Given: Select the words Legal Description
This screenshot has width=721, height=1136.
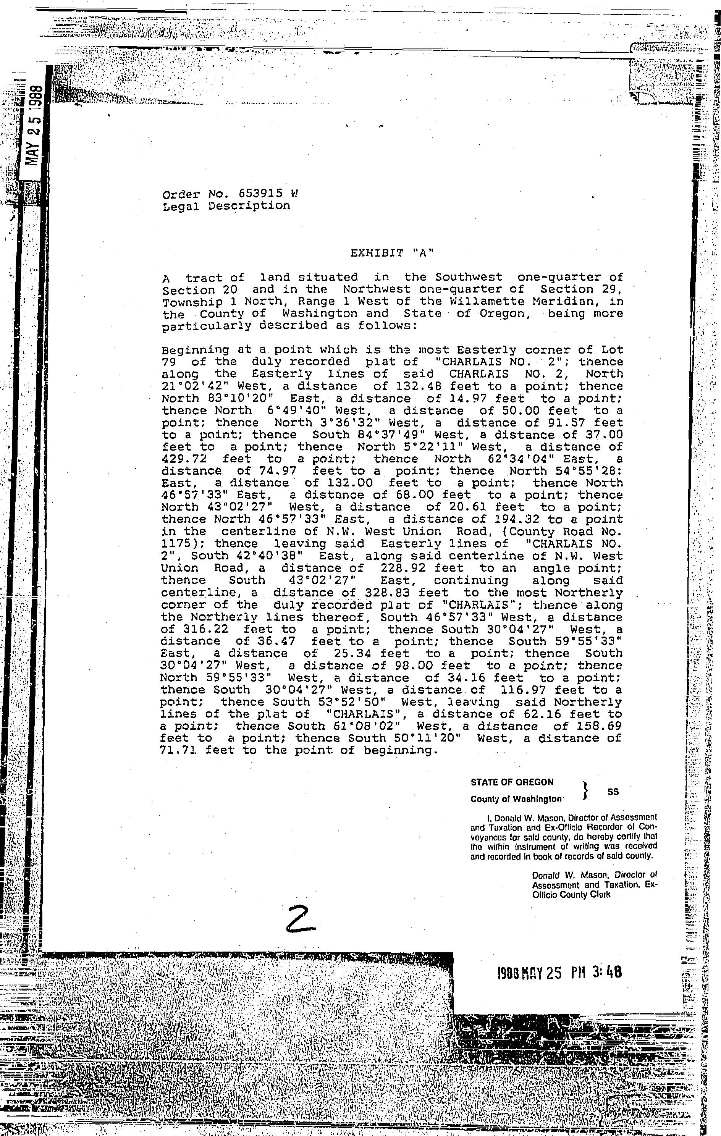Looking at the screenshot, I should pos(226,206).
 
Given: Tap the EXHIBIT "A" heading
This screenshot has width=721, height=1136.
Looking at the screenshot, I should pos(392,253).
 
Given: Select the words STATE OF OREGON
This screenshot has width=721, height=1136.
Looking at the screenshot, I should pos(512,782).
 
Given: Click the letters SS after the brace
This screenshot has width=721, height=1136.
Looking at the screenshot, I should pos(613,792).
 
